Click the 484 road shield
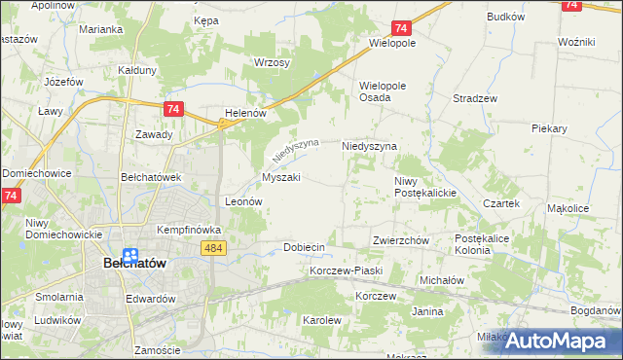pos(215,250)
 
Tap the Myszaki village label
pos(280,178)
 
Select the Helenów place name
pos(245,113)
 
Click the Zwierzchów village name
pos(401,240)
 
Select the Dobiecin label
pos(304,248)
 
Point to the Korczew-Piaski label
pos(347,270)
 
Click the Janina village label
pos(427,311)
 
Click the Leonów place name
pos(244,201)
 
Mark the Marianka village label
pos(101,29)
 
